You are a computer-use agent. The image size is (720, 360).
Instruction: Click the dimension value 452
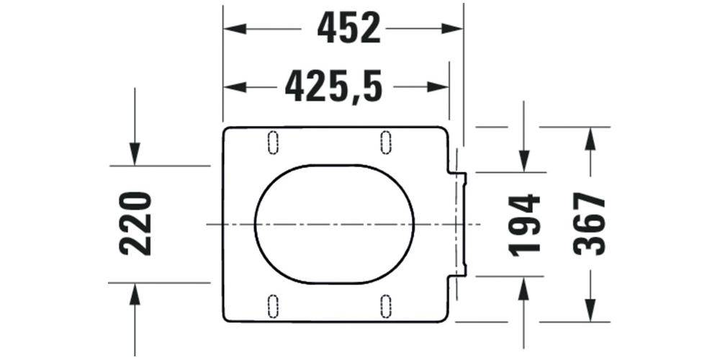[x=348, y=29]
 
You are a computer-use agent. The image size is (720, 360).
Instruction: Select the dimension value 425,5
[x=333, y=87]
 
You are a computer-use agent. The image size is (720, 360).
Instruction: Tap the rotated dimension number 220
[x=136, y=223]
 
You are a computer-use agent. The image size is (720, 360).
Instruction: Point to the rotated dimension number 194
[x=524, y=224]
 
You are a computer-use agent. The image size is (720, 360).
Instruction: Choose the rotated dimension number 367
[x=590, y=224]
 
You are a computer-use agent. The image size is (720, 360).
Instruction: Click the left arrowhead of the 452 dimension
[x=235, y=29]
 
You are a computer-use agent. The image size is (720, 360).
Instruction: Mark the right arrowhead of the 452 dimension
[x=452, y=29]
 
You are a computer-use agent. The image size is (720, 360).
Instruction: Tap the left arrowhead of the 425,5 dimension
[x=235, y=87]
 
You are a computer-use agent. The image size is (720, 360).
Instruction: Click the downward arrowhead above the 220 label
[x=135, y=154]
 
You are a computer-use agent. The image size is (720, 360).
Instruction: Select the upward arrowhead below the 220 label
[x=135, y=294]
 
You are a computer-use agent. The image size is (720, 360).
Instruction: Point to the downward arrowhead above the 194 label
[x=524, y=161]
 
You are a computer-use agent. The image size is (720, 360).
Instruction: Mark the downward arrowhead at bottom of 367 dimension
[x=590, y=310]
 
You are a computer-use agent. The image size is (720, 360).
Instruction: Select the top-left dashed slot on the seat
[x=273, y=142]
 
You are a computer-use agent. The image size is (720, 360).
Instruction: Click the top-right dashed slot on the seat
[x=386, y=142]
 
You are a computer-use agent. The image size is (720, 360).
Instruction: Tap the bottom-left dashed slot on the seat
[x=273, y=306]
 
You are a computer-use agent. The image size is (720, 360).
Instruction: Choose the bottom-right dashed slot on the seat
[x=386, y=306]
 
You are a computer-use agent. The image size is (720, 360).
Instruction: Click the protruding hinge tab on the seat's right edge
[x=461, y=224]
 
